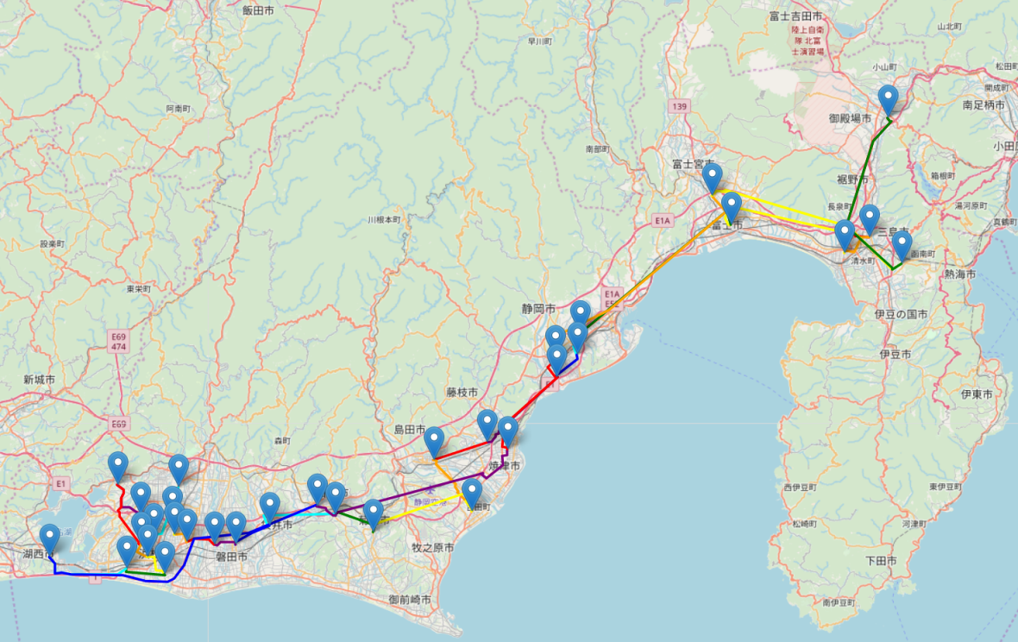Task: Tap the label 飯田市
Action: point(258,10)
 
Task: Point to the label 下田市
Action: point(881,561)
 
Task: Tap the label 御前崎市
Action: point(410,599)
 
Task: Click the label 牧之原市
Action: point(432,547)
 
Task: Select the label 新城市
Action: point(40,380)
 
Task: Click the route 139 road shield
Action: point(679,105)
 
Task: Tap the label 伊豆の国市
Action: point(901,314)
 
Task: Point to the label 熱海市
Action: point(959,274)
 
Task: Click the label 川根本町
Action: point(384,219)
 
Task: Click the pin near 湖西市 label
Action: point(50,538)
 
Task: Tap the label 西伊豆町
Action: point(799,488)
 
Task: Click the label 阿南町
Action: point(179,110)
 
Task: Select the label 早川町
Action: point(539,41)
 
